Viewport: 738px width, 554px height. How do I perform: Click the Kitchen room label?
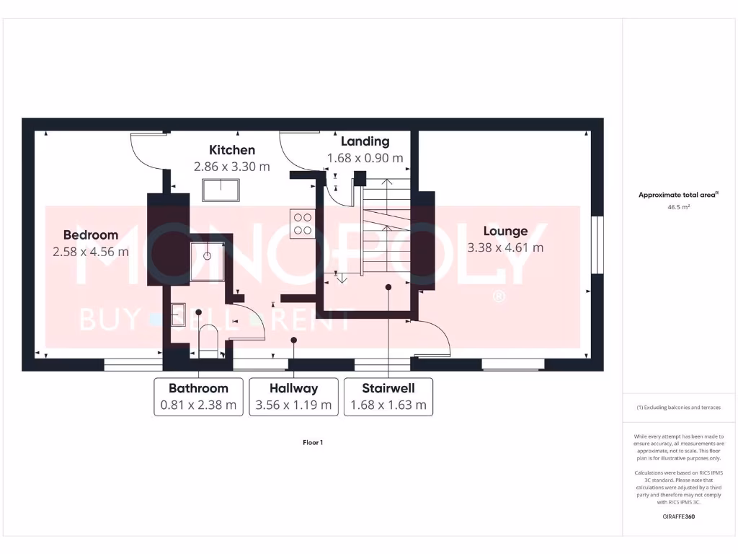coord(232,150)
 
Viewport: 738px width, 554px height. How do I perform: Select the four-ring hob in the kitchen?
coord(301,223)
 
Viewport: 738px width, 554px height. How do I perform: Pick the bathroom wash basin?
coord(178,314)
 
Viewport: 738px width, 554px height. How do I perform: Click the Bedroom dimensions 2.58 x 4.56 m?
coord(91,252)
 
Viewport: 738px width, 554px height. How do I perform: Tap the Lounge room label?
coord(505,231)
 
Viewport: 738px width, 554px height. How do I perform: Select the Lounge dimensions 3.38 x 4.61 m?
coord(505,247)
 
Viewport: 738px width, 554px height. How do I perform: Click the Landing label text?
coord(365,141)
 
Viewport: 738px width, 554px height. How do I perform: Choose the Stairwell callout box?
coord(388,397)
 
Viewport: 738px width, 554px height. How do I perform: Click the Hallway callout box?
coord(294,397)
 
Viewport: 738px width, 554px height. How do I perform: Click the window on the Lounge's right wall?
coord(596,245)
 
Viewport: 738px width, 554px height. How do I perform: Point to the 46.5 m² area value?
coord(678,207)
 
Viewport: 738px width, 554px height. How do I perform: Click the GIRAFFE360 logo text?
coord(678,516)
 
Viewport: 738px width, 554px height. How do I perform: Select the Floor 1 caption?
coord(313,442)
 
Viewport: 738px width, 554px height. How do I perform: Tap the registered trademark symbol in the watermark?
coord(497,297)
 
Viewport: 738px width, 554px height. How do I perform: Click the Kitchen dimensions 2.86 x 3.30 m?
coord(232,166)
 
